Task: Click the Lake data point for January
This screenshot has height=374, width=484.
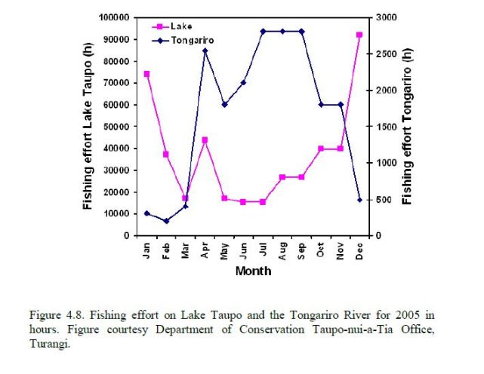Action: [146, 74]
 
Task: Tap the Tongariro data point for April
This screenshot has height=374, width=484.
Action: [205, 51]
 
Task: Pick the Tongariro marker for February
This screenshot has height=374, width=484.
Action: [166, 221]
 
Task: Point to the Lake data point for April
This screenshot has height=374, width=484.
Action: [205, 139]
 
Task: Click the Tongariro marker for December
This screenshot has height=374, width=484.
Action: [359, 200]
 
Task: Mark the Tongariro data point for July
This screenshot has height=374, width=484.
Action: [263, 32]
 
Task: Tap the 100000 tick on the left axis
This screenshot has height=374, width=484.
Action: [113, 17]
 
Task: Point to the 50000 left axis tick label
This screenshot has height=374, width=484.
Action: [116, 127]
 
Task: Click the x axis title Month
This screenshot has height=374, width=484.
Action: [253, 271]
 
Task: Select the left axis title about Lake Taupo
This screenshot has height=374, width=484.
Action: [88, 126]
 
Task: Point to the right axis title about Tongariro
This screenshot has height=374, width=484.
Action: [408, 126]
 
